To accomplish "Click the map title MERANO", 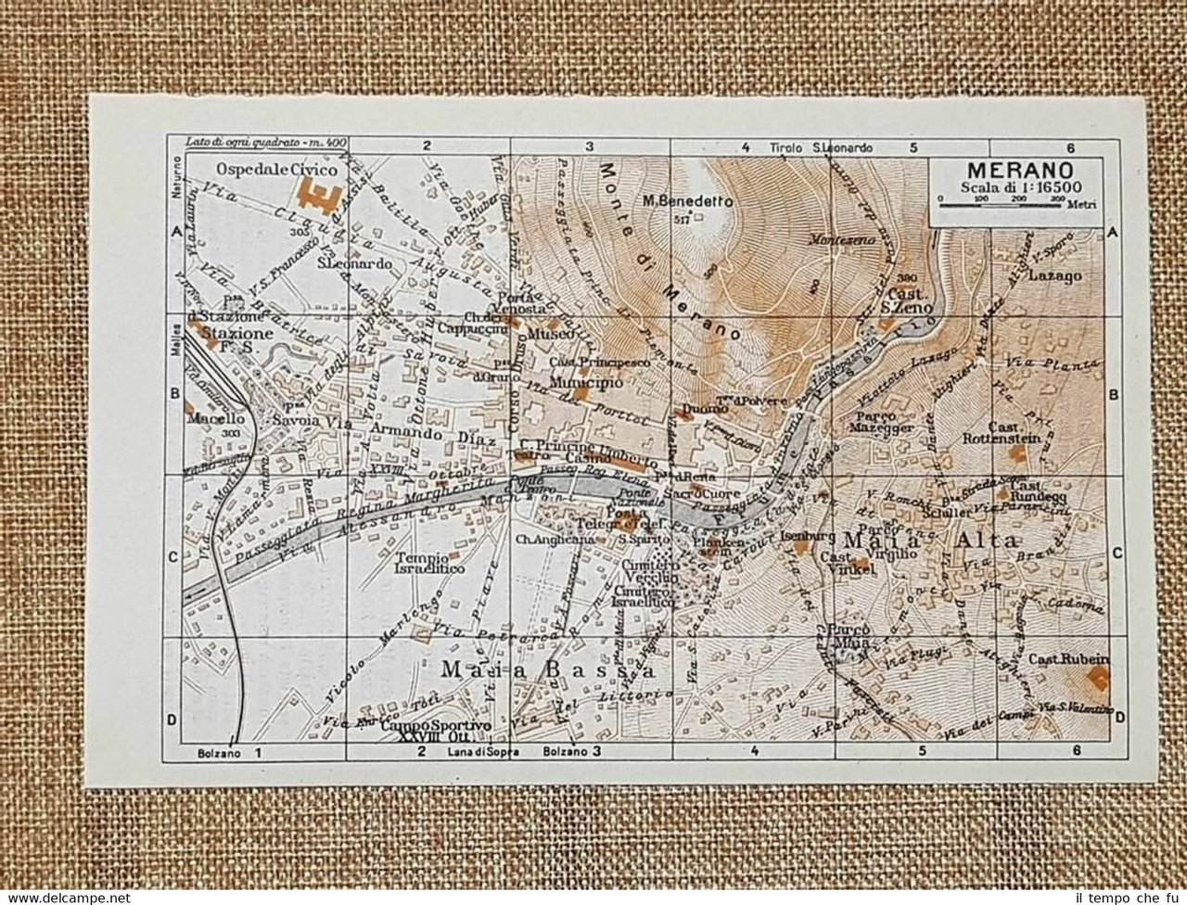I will (x=1019, y=171).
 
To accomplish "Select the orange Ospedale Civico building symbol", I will (x=313, y=198).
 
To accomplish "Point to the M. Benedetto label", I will (x=687, y=201).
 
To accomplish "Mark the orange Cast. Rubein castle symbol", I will (x=1099, y=678).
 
